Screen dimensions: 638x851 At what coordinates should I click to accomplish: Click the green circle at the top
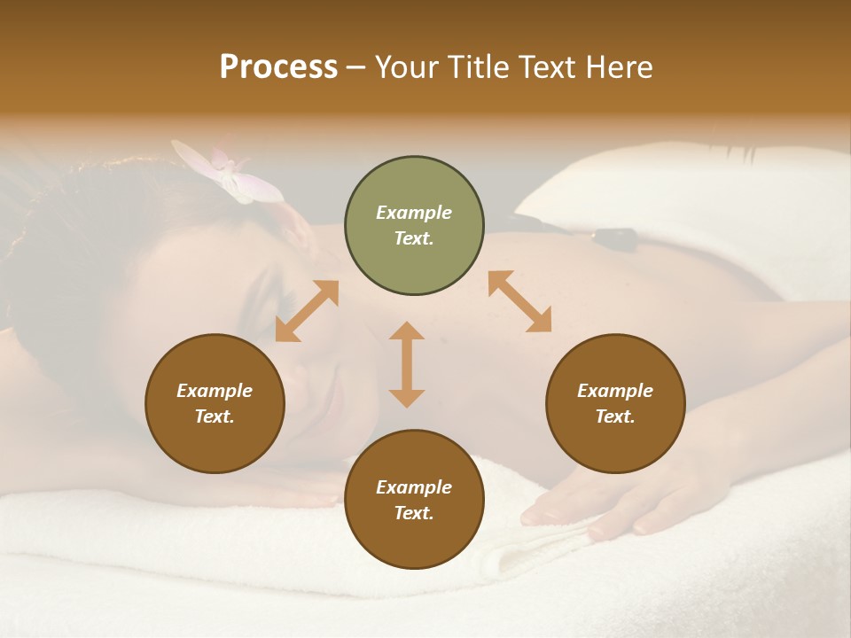pyautogui.click(x=414, y=226)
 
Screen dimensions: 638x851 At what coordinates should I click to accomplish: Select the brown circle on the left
pyautogui.click(x=215, y=403)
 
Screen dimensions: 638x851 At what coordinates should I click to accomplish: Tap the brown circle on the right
pyautogui.click(x=614, y=403)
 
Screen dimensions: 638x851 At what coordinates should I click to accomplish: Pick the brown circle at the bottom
pyautogui.click(x=414, y=500)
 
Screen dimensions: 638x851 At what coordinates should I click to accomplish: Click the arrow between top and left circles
pyautogui.click(x=307, y=311)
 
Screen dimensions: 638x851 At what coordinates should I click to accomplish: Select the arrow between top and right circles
pyautogui.click(x=519, y=301)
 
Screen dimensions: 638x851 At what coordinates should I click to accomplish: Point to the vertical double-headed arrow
pyautogui.click(x=407, y=364)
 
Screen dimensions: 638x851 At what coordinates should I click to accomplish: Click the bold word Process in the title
pyautogui.click(x=278, y=66)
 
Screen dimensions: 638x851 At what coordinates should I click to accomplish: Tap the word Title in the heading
pyautogui.click(x=479, y=67)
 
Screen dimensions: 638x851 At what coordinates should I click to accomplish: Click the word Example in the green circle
pyautogui.click(x=414, y=213)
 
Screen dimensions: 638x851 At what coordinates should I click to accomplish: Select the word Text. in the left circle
pyautogui.click(x=215, y=416)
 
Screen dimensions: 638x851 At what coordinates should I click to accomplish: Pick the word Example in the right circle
pyautogui.click(x=614, y=391)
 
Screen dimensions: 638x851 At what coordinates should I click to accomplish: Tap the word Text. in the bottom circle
pyautogui.click(x=414, y=513)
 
